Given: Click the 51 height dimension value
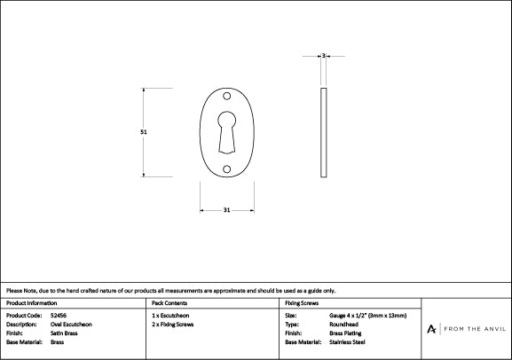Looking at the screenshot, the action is (144, 131).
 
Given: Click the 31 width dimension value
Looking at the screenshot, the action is (226, 210).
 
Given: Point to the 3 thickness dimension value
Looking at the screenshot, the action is (324, 56).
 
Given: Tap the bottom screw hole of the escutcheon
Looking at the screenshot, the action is (226, 168).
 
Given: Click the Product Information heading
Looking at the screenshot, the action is (31, 303).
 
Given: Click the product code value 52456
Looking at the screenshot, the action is (59, 316).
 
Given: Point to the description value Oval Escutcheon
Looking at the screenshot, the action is (72, 325).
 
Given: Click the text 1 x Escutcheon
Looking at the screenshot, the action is (170, 316).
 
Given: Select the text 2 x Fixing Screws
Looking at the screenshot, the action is (173, 325).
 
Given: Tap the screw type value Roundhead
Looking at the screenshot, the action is (343, 325).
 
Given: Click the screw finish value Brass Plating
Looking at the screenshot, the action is (345, 333).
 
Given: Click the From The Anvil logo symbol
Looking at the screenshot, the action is (431, 328).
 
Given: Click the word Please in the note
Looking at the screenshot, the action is (14, 291).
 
